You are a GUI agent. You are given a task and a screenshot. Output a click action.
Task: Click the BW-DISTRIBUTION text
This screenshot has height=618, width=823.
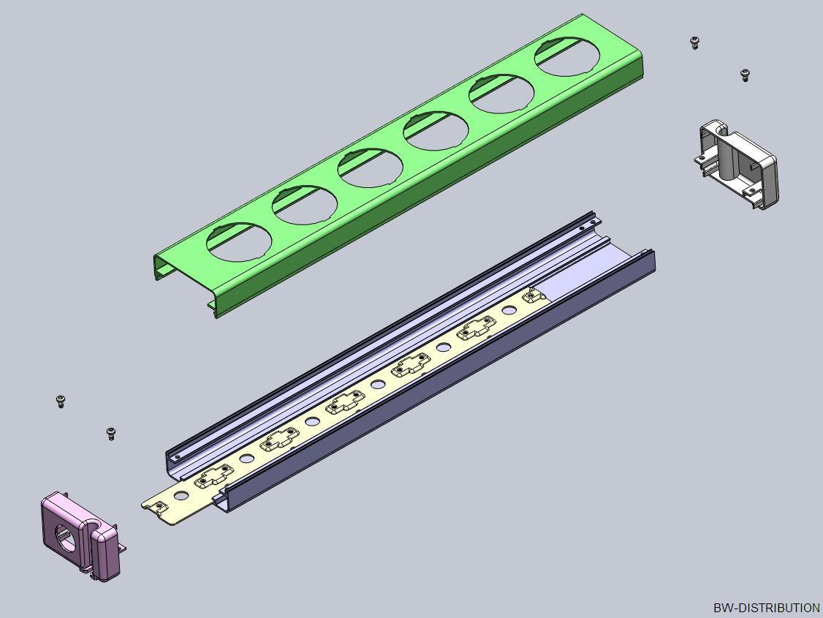point(766,608)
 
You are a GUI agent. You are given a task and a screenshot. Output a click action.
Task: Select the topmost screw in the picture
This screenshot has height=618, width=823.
point(695,42)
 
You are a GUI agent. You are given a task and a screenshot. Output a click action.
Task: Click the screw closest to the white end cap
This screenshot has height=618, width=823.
point(745,75)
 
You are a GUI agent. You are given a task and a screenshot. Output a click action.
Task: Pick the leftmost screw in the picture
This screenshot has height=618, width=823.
point(61,402)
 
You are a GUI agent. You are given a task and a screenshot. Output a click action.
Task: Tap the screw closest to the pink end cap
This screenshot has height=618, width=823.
point(111,434)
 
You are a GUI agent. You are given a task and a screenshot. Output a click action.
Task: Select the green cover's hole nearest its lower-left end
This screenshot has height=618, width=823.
point(239,241)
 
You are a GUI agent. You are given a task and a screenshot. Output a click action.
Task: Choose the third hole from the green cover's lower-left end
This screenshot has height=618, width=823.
point(371,167)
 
